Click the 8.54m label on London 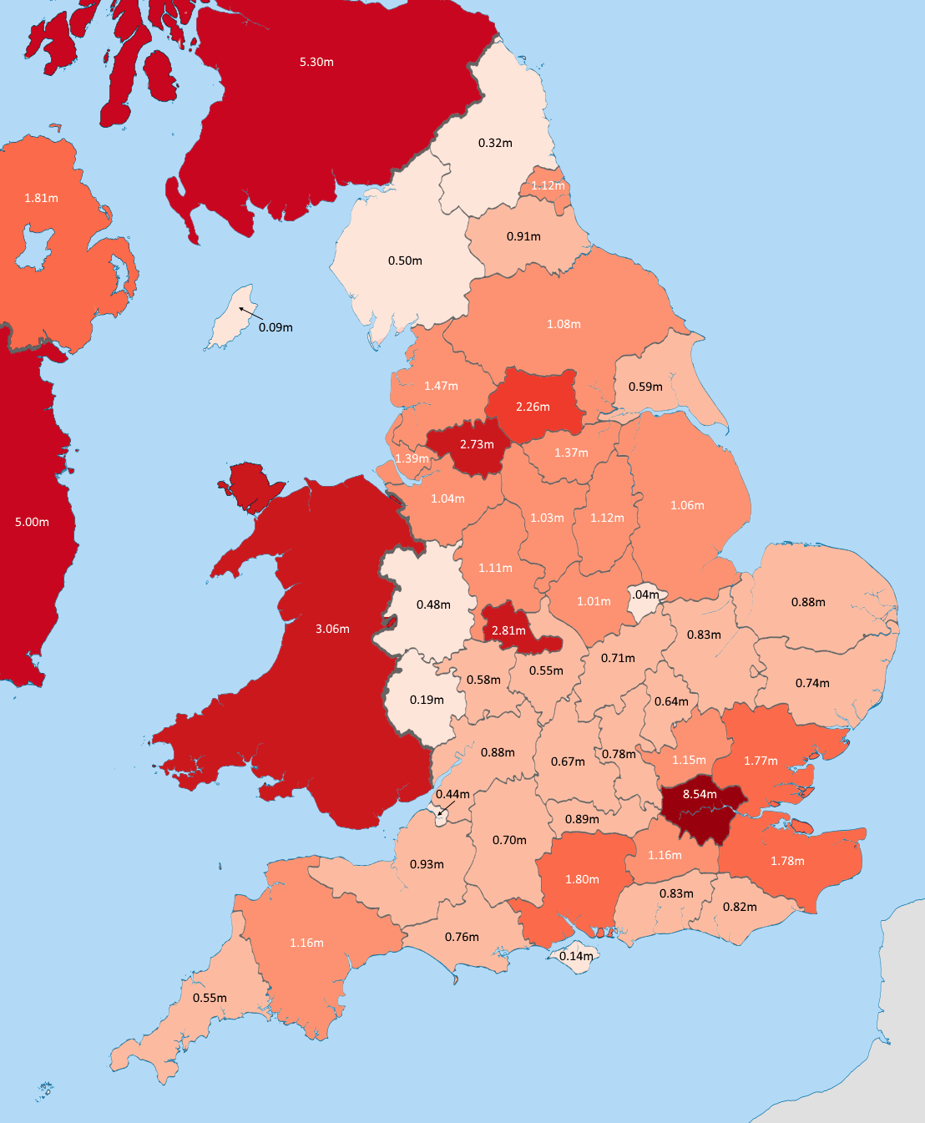700,794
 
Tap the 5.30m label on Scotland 316,62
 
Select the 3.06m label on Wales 332,629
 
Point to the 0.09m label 275,327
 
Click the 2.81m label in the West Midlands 508,630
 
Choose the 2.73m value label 477,444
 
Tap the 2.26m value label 533,407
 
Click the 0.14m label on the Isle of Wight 576,956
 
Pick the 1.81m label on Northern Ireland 41,198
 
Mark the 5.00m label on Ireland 32,522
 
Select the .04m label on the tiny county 645,594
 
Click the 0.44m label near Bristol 452,794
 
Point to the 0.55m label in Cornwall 210,998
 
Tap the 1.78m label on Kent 787,861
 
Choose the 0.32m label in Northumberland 495,143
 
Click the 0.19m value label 427,700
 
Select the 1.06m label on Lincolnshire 687,505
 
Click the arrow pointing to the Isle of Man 250,314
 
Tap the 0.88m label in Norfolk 808,602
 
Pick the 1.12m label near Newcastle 548,185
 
